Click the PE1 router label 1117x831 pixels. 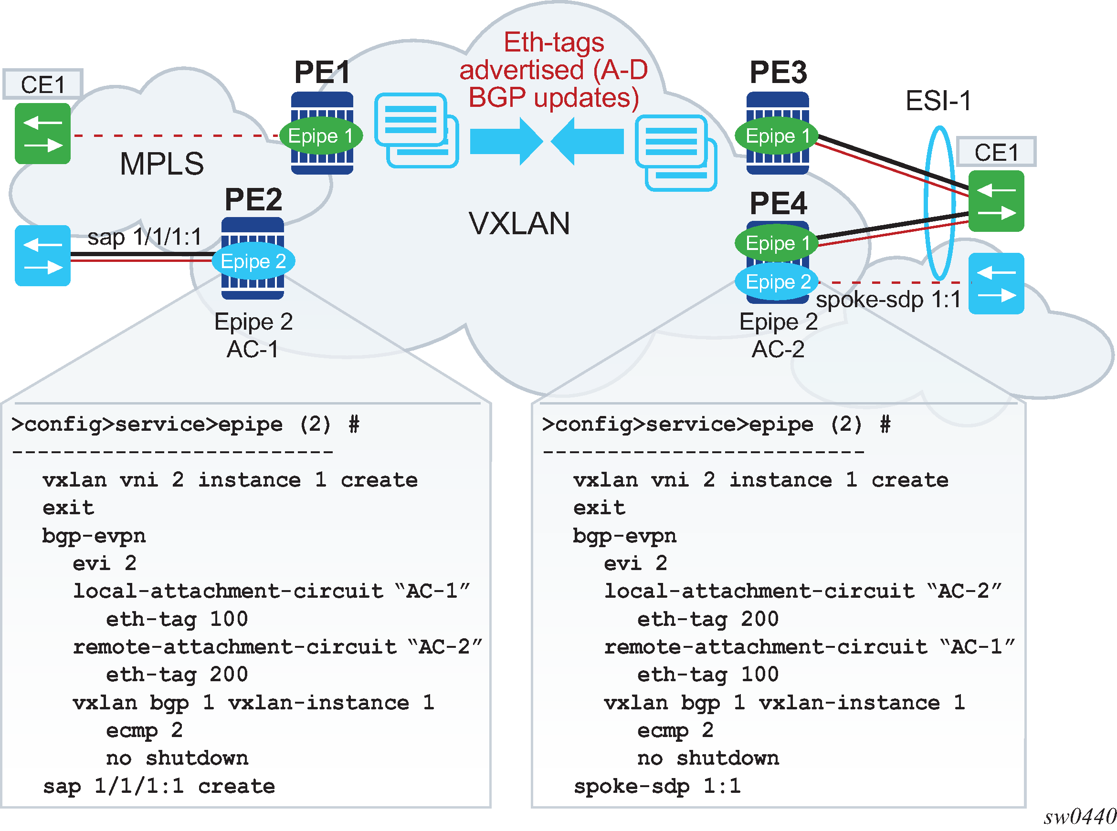click(x=322, y=73)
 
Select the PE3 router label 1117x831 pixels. click(x=778, y=73)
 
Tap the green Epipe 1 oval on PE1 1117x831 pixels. click(x=321, y=136)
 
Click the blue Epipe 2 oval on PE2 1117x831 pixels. click(x=253, y=261)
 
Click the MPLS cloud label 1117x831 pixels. click(x=162, y=164)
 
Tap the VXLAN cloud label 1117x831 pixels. click(x=519, y=223)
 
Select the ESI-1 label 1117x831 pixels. click(x=938, y=101)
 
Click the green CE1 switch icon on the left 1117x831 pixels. click(x=42, y=134)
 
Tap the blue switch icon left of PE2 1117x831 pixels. click(x=42, y=256)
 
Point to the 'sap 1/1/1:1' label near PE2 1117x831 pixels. click(x=145, y=237)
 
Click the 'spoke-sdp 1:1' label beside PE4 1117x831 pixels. click(x=888, y=300)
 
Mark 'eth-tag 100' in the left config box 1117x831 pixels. click(x=177, y=619)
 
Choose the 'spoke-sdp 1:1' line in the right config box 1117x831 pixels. click(x=657, y=786)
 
